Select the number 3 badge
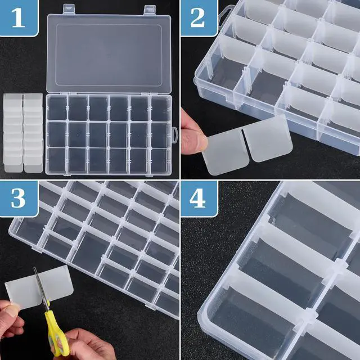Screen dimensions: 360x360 pyautogui.click(x=18, y=199)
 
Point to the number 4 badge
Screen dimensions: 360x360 pyautogui.click(x=198, y=199)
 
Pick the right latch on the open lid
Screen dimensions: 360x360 pyautogui.click(x=150, y=8)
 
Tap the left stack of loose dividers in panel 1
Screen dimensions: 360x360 pyautogui.click(x=13, y=133)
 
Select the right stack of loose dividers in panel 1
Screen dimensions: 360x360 pyautogui.click(x=33, y=133)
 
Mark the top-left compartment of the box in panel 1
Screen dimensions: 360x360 pyautogui.click(x=56, y=108)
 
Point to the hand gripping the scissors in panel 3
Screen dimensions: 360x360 pyautogui.click(x=82, y=344)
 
